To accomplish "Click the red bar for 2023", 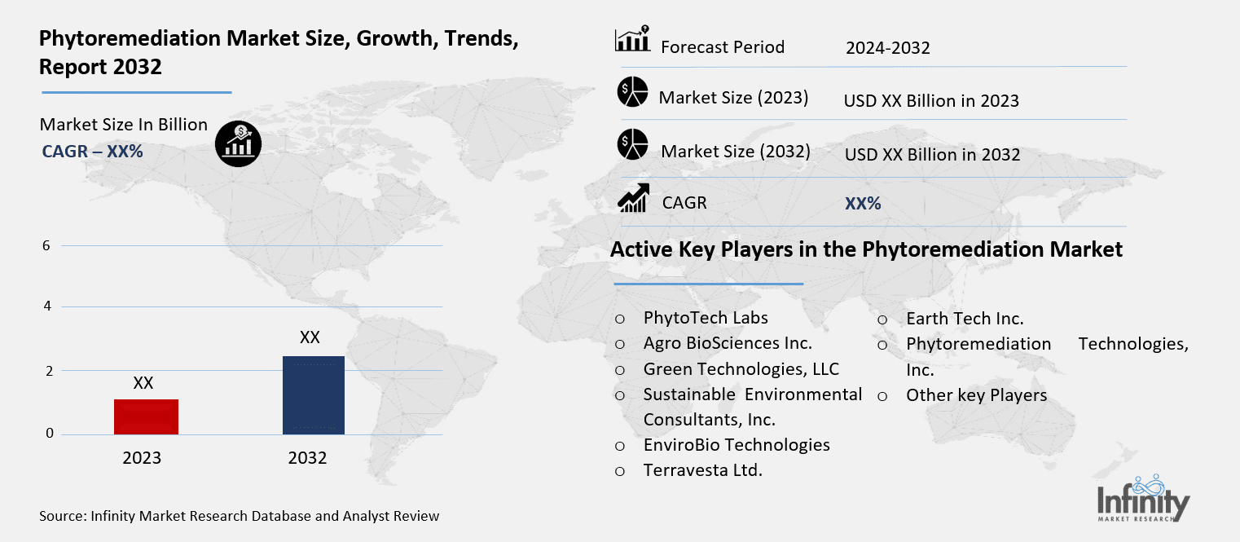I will [147, 416].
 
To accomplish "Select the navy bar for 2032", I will [313, 395].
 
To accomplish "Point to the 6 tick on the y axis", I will [49, 245].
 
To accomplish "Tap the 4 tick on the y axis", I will [49, 306].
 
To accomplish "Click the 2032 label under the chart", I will [307, 458].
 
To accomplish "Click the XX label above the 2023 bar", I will [143, 383].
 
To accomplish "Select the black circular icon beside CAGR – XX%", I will [238, 145].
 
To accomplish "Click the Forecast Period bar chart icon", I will [631, 39].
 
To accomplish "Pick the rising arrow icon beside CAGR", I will [633, 198].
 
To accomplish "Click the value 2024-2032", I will [887, 48].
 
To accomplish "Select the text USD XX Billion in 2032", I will [932, 154].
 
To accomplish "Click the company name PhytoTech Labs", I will [706, 318].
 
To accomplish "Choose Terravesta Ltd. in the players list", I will [702, 470].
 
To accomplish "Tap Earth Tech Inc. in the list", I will [965, 319].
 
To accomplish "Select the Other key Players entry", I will [976, 395].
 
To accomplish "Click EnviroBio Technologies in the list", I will [737, 445].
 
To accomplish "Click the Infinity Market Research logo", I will [1142, 498].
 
